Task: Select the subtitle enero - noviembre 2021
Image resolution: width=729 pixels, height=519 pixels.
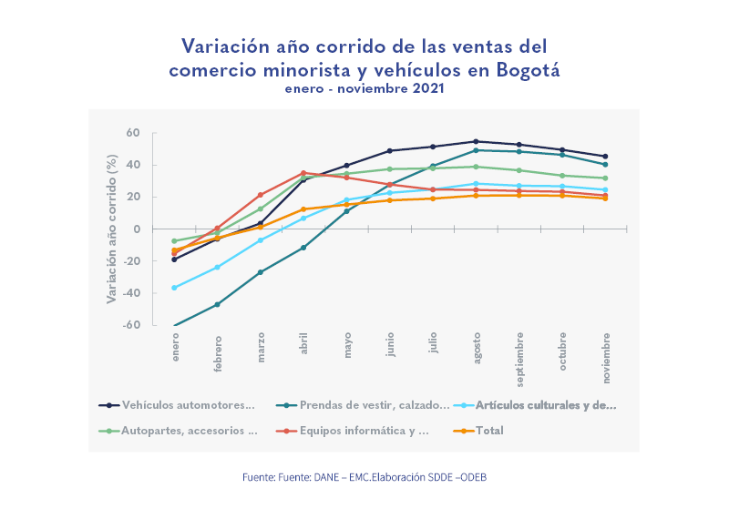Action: point(364,88)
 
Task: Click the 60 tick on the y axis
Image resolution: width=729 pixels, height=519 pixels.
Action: point(133,133)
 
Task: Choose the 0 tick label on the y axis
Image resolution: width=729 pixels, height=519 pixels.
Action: point(136,229)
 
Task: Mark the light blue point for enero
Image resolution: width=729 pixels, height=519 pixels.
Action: point(174,288)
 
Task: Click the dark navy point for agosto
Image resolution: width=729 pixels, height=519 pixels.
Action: point(477,141)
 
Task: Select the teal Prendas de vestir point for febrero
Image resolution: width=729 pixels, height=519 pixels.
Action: point(217,304)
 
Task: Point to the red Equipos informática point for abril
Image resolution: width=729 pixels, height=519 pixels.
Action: point(303,172)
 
